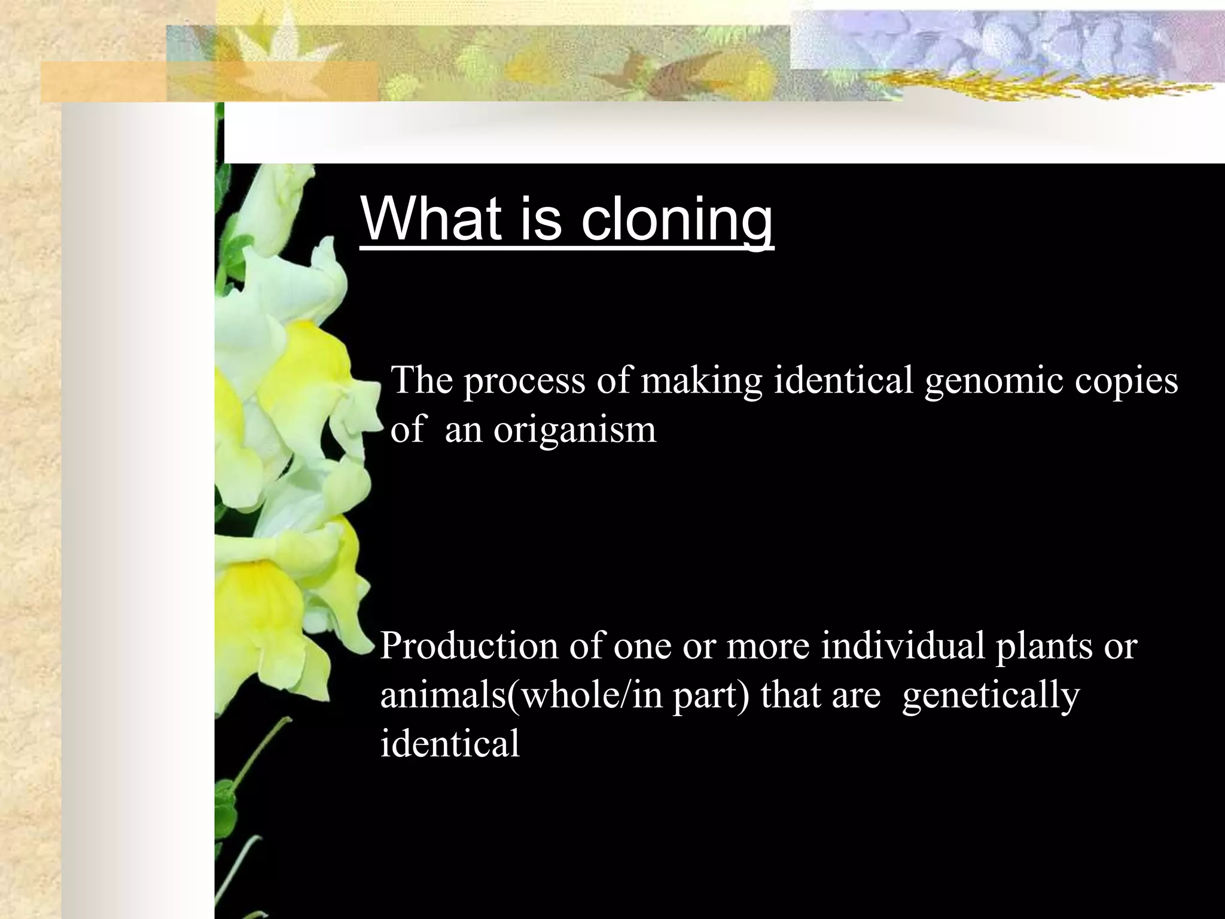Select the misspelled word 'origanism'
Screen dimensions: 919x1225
click(574, 429)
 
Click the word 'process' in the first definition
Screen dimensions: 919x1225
click(524, 381)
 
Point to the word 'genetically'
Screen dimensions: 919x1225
click(991, 695)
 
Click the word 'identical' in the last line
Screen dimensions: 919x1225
click(450, 744)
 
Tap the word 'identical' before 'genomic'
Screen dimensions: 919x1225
click(843, 381)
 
